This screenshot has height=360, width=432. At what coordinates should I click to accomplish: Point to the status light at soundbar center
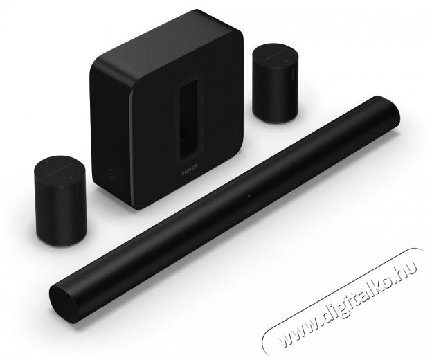point(247,197)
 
